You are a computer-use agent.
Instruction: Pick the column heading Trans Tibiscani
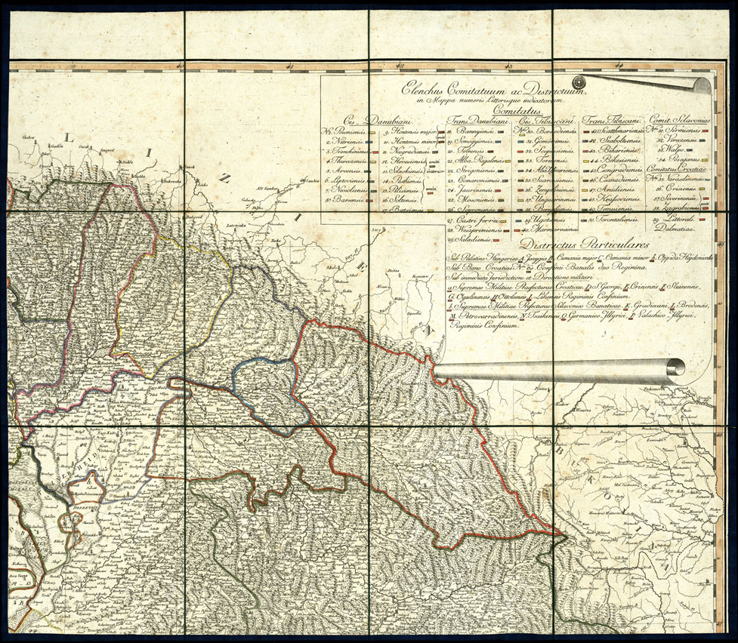coord(613,120)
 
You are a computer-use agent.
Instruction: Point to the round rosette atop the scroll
coord(579,82)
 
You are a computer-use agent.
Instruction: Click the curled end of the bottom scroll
coord(674,368)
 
